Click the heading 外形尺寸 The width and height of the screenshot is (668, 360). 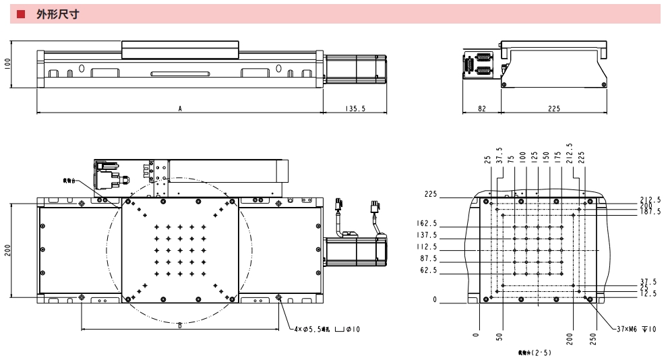(x=59, y=14)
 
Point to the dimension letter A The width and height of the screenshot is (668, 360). (x=180, y=108)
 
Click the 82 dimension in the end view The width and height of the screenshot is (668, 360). (x=482, y=108)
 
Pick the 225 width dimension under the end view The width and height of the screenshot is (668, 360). (x=554, y=108)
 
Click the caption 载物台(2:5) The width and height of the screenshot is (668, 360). (x=535, y=352)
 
